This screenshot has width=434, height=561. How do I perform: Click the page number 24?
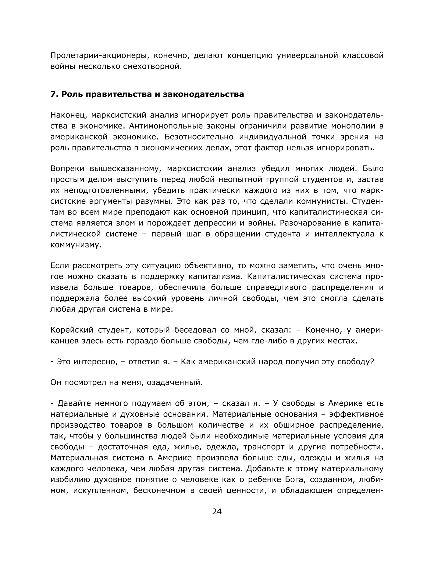pyautogui.click(x=217, y=511)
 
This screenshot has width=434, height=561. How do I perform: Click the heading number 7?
pyautogui.click(x=53, y=94)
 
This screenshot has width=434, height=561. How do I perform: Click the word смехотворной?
pyautogui.click(x=152, y=66)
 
